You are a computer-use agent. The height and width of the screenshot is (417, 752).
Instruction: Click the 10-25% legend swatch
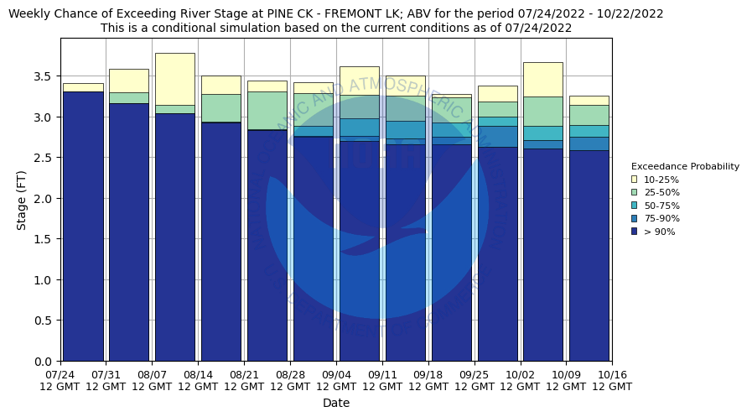(634, 180)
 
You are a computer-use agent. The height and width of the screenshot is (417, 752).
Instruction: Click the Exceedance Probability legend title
(685, 166)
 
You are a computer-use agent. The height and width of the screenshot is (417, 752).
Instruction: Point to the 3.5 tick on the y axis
(44, 76)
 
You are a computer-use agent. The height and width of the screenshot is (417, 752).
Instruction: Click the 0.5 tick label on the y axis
(44, 321)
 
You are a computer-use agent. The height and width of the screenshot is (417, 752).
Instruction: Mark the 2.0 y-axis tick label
(44, 199)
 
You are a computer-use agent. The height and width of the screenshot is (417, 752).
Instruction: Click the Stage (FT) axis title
(23, 200)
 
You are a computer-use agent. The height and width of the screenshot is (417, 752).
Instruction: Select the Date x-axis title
(336, 403)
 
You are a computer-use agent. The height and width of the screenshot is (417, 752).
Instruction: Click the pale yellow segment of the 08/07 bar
(175, 79)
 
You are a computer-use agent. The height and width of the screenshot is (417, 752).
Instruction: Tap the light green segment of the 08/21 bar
(267, 110)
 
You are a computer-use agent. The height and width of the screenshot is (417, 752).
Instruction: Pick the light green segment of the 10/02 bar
(543, 111)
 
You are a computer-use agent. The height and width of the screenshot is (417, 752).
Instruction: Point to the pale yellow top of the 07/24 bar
(83, 87)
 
